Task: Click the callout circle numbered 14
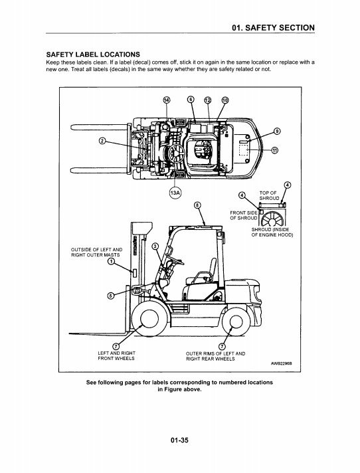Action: tap(167, 100)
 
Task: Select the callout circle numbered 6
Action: tap(191, 100)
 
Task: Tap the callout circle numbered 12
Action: tap(208, 100)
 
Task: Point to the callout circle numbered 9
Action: tap(277, 132)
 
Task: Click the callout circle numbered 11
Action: tap(275, 150)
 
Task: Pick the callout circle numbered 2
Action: tap(102, 141)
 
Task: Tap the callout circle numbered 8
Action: tap(197, 205)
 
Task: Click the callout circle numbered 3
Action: tap(155, 246)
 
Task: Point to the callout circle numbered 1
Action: tap(112, 261)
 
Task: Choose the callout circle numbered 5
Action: tap(111, 296)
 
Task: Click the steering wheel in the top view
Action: tap(177, 153)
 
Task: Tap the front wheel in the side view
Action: tap(149, 319)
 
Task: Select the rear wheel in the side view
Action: tap(236, 322)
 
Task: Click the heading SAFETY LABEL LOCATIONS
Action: tap(93, 54)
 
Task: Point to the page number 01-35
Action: tap(179, 440)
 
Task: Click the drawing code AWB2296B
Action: tap(281, 363)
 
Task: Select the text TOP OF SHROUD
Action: tap(269, 195)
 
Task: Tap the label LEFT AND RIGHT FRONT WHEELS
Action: tap(116, 355)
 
